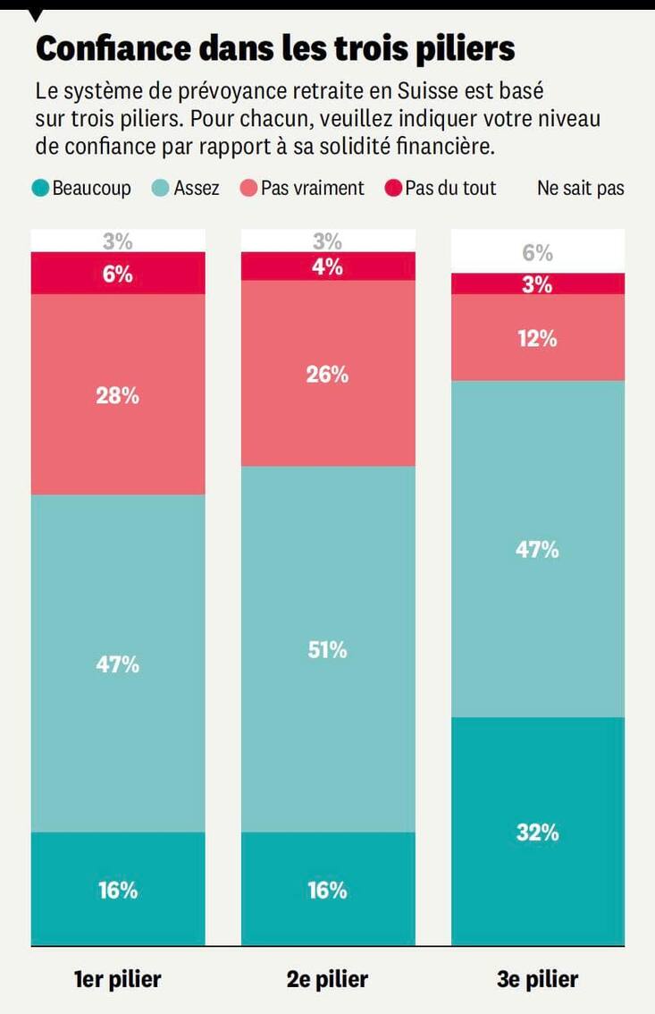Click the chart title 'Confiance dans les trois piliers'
(x=275, y=49)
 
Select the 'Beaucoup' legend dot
(x=40, y=189)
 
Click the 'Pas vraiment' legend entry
(x=303, y=189)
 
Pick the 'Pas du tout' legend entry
(x=440, y=189)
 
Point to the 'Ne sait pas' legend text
(x=580, y=189)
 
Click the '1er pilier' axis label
(x=118, y=979)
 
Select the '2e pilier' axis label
(x=328, y=979)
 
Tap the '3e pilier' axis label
(x=538, y=979)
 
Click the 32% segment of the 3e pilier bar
(x=538, y=832)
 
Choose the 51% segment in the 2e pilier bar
(x=328, y=649)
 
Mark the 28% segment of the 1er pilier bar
(x=118, y=394)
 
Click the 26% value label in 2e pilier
(x=328, y=375)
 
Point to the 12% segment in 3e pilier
(x=538, y=338)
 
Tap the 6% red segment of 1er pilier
(x=118, y=274)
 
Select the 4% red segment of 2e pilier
(x=328, y=266)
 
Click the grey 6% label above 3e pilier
(x=538, y=253)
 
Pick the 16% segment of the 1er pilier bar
(x=118, y=890)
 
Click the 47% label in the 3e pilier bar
(x=538, y=550)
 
